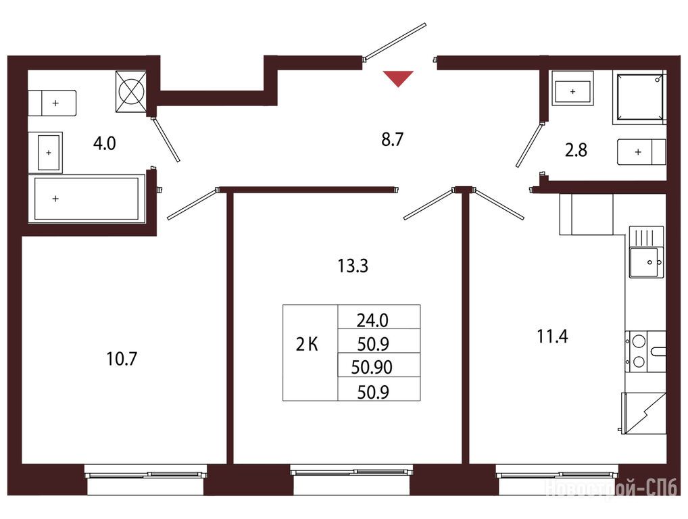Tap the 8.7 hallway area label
click(392, 139)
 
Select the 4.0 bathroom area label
click(105, 143)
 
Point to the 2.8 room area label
click(576, 150)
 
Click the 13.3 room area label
click(353, 266)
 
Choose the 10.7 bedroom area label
click(122, 359)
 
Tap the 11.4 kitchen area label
click(552, 337)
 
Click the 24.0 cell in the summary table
click(372, 321)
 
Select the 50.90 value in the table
click(372, 367)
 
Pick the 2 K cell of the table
click(307, 345)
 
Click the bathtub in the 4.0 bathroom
click(87, 198)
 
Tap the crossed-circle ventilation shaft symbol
click(130, 91)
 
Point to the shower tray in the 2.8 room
click(639, 97)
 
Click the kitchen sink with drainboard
click(646, 252)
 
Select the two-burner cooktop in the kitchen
click(637, 351)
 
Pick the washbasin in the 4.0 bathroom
click(46, 152)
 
